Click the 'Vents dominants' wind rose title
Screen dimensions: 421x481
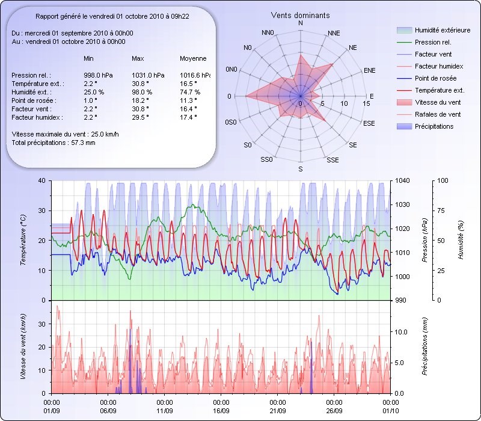click(x=300, y=15)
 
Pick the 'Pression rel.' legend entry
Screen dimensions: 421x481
click(x=433, y=43)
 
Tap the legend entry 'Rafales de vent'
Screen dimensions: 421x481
click(x=438, y=114)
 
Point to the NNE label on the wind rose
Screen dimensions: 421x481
click(x=336, y=32)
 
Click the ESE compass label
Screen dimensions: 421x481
click(x=370, y=123)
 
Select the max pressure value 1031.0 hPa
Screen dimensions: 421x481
click(x=146, y=75)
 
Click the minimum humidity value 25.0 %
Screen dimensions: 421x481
click(x=94, y=92)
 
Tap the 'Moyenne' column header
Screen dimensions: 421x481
click(x=193, y=58)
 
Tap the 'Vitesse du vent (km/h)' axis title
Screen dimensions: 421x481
click(x=23, y=346)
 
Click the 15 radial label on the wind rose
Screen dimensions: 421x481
click(x=366, y=103)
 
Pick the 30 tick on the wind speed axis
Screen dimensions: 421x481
click(x=42, y=324)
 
